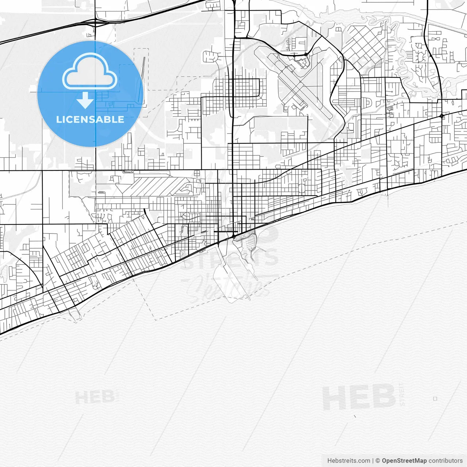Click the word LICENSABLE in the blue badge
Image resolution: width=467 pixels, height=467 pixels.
coord(90,119)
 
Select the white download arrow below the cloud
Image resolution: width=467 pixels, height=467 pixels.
coord(85,100)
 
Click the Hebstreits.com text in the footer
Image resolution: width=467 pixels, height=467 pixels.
coord(349,461)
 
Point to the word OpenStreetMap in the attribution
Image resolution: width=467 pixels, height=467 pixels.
coord(404,461)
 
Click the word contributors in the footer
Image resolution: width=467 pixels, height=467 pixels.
coord(445,461)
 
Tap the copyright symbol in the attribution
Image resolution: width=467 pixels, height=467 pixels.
coord(378,461)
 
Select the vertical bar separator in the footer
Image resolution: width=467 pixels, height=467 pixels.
coord(373,461)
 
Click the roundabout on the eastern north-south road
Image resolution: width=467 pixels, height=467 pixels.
coord(442,116)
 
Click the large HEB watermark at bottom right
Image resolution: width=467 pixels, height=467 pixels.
coord(359,397)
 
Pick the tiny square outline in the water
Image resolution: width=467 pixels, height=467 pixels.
coord(435,399)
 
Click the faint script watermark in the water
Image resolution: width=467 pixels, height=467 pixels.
coord(226,286)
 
